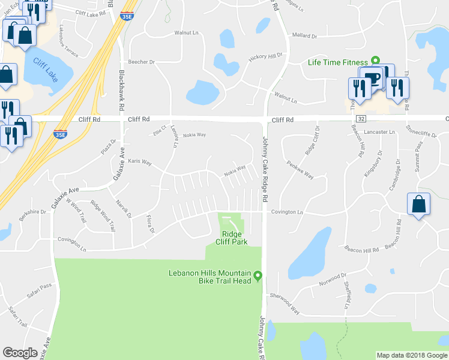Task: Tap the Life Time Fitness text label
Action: [337, 61]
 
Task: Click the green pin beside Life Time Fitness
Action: [375, 60]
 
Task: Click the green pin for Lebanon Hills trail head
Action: [258, 276]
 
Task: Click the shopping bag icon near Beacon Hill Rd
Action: [418, 204]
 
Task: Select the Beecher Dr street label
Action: [142, 62]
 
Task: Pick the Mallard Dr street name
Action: [304, 36]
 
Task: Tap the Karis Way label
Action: [140, 162]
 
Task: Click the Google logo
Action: [20, 353]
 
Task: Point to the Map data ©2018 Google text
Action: [412, 355]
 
